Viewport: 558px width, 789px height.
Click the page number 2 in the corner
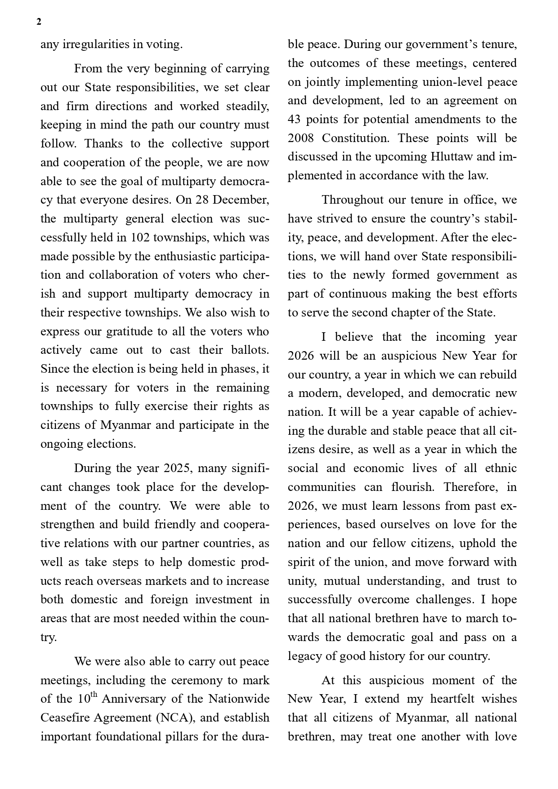[x=39, y=22]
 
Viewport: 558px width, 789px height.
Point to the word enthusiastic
[x=185, y=256]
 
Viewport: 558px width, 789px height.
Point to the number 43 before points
[x=295, y=120]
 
